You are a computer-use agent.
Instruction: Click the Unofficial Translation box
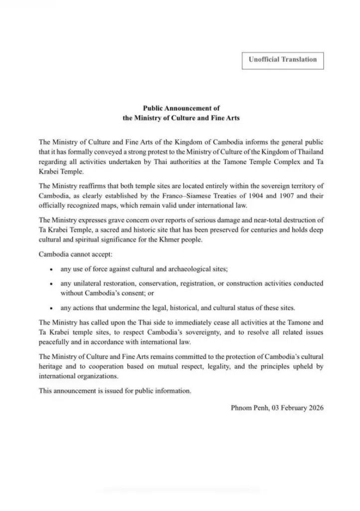tap(283, 60)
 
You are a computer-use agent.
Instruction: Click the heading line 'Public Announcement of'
tap(181, 108)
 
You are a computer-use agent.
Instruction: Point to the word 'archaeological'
tap(187, 269)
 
